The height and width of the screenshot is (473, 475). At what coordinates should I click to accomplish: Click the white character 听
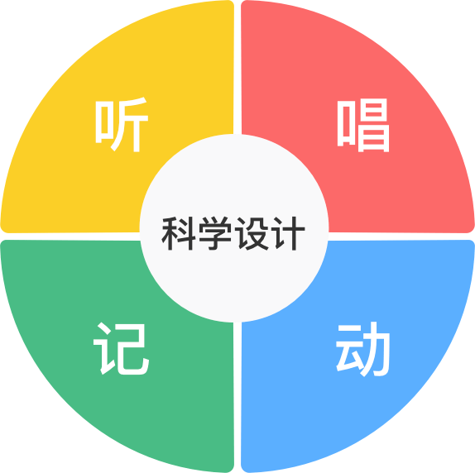[x=122, y=124]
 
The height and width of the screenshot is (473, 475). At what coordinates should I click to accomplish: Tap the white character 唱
[x=363, y=125]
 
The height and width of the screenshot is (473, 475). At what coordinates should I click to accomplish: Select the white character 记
[x=121, y=349]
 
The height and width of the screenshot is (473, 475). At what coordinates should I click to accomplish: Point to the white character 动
[x=362, y=349]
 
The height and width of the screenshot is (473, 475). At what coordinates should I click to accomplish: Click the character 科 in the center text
[x=179, y=233]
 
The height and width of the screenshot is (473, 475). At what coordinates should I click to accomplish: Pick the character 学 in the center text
[x=215, y=233]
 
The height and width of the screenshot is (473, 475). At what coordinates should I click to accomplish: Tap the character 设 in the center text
[x=252, y=233]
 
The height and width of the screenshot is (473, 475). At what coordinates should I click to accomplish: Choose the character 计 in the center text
[x=289, y=233]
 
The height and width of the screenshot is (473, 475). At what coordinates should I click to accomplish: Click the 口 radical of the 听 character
[x=104, y=122]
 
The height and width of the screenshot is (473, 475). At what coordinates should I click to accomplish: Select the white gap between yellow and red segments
[x=237, y=67]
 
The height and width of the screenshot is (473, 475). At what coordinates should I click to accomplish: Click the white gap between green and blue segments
[x=237, y=397]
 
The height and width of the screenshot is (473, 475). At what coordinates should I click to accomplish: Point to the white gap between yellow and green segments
[x=70, y=236]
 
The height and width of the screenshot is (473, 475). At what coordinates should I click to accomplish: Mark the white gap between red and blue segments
[x=401, y=236]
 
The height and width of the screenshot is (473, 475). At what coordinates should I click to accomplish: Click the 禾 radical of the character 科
[x=170, y=233]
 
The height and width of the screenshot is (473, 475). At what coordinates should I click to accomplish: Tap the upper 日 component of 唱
[x=373, y=110]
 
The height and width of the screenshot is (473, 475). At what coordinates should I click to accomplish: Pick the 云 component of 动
[x=348, y=348]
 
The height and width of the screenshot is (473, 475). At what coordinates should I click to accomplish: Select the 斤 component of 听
[x=131, y=124]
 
